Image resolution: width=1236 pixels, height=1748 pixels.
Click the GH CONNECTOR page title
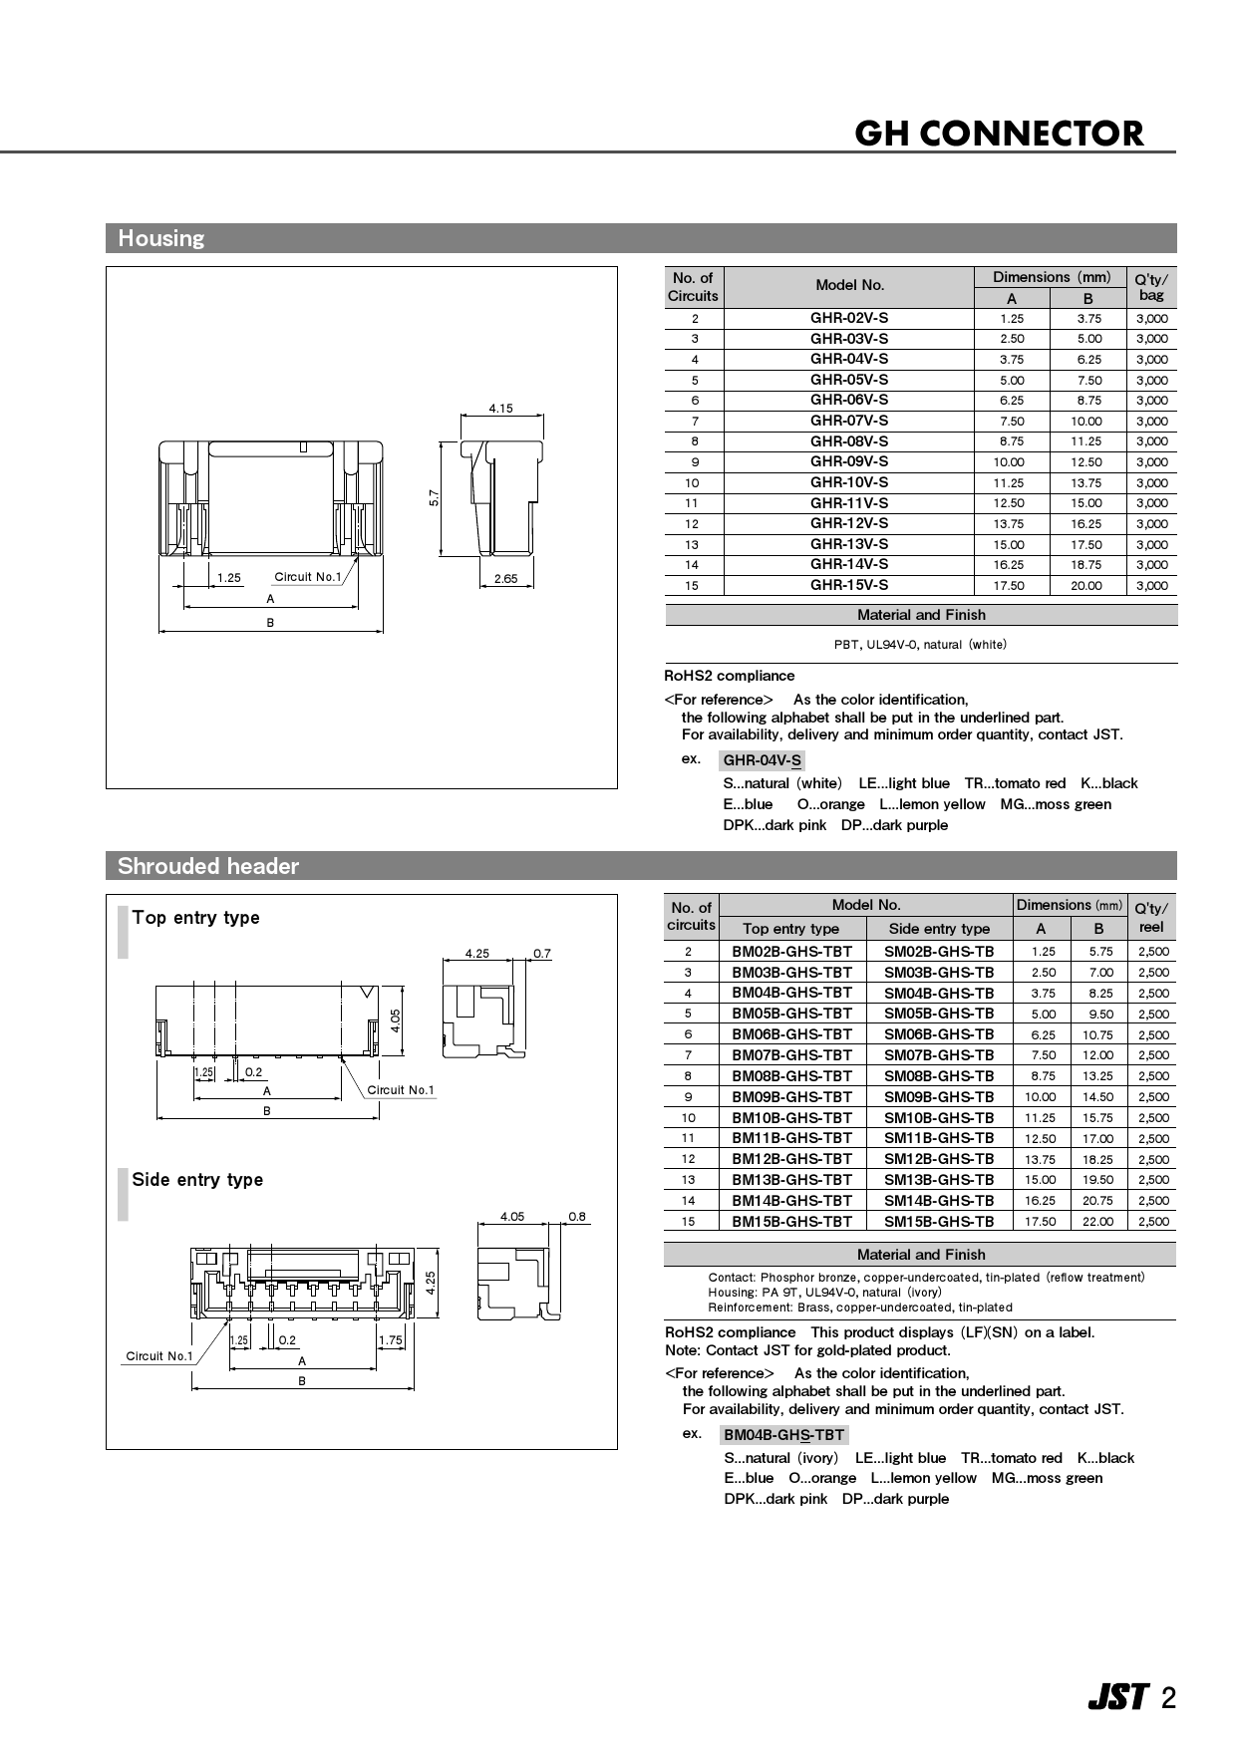tap(999, 133)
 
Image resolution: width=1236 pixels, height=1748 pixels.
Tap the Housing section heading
tap(160, 238)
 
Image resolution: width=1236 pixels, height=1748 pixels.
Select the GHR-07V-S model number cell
tap(848, 421)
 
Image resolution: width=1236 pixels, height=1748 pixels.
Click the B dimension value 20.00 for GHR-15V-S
tap(1085, 586)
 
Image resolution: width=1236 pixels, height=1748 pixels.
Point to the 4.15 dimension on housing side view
tap(500, 409)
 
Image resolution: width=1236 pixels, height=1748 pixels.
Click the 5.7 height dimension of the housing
tap(434, 497)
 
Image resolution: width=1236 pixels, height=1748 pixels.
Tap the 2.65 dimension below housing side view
tap(505, 579)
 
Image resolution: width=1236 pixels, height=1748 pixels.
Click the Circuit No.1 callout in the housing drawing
tap(307, 577)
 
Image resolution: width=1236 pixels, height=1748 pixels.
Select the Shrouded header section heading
tap(207, 866)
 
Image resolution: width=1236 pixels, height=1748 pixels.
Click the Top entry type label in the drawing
tap(195, 918)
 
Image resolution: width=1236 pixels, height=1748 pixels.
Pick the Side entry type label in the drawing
tap(197, 1180)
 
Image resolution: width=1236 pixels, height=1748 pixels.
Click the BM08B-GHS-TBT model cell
tap(791, 1076)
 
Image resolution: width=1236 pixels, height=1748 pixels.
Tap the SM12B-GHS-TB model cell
tap(939, 1159)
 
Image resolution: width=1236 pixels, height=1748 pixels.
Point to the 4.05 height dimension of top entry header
tap(396, 1020)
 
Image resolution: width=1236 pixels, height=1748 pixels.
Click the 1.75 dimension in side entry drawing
tap(391, 1340)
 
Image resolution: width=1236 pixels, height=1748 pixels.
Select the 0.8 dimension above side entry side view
tap(576, 1217)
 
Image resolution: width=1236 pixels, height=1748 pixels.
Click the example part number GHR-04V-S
tap(762, 761)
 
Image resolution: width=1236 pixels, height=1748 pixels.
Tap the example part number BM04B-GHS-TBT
tap(783, 1435)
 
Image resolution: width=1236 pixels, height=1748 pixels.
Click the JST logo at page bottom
tap(1117, 1698)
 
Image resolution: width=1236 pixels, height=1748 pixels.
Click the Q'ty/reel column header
tap(1151, 917)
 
